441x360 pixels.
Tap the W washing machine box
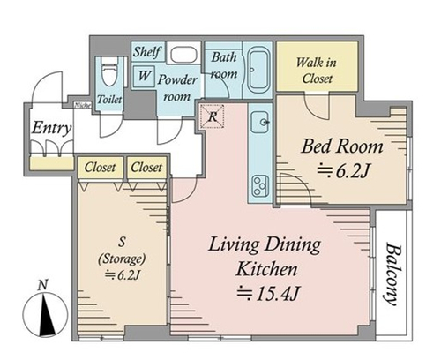click(144, 76)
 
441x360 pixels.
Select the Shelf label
click(147, 52)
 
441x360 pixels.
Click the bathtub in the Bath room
click(258, 69)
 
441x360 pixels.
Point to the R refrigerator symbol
click(213, 116)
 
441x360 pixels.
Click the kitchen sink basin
click(259, 122)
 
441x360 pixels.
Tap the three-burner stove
click(260, 186)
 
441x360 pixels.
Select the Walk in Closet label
click(317, 71)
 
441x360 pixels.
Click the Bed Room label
click(342, 146)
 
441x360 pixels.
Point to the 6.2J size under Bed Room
click(343, 171)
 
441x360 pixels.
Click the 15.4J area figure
click(268, 293)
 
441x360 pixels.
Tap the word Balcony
click(392, 274)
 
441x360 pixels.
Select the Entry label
click(51, 128)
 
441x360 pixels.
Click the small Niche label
click(83, 105)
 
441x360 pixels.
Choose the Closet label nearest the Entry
click(100, 168)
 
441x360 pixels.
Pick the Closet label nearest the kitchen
click(146, 168)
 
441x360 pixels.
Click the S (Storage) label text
click(122, 258)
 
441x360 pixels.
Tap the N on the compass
click(43, 285)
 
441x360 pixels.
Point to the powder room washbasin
click(183, 54)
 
